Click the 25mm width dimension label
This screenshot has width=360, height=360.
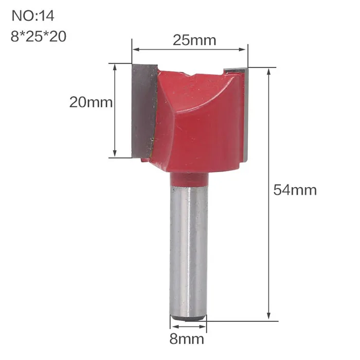tap(194, 41)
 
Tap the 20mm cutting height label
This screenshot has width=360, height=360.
tap(91, 102)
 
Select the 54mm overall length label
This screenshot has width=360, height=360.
tap(295, 190)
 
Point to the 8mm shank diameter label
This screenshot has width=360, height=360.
tap(187, 339)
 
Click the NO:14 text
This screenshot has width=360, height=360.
tap(33, 16)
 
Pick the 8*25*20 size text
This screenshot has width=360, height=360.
tap(39, 37)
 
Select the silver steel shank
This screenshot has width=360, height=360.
tap(189, 250)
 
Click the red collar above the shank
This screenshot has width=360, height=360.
tap(189, 179)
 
